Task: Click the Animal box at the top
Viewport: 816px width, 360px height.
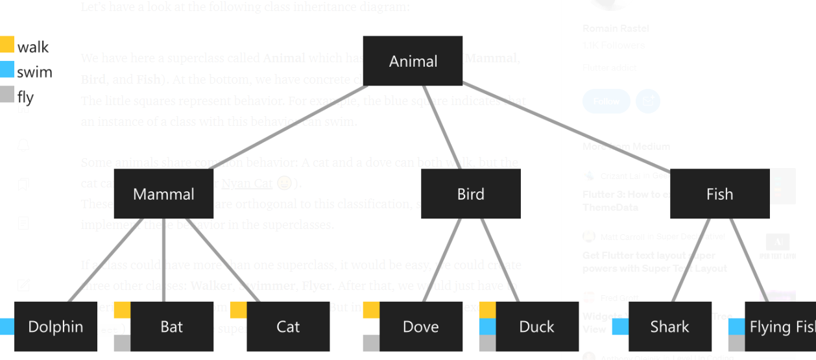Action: tap(413, 61)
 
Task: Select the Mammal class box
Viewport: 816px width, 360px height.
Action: tap(163, 194)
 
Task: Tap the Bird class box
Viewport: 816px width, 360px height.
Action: tap(470, 194)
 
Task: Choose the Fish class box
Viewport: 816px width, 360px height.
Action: tap(719, 194)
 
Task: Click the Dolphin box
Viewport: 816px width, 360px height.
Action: tap(55, 326)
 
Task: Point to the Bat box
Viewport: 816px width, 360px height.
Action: tap(171, 326)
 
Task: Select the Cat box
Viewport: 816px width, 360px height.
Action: tap(287, 326)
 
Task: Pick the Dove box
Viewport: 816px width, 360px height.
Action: tap(420, 326)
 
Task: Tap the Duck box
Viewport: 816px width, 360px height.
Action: tap(536, 326)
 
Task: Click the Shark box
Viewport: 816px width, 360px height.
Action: tap(669, 326)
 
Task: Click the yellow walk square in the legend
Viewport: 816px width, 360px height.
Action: tap(6, 45)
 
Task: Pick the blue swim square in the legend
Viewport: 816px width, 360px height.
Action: tap(6, 69)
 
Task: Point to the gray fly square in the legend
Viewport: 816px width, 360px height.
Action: tap(6, 95)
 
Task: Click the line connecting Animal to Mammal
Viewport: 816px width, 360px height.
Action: tap(289, 127)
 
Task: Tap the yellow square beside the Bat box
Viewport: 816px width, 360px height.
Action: tap(122, 310)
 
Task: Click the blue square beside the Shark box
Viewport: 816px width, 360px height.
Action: tap(620, 326)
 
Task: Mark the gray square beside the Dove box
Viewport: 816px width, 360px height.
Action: tap(371, 342)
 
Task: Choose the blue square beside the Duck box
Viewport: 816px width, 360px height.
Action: tap(487, 326)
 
